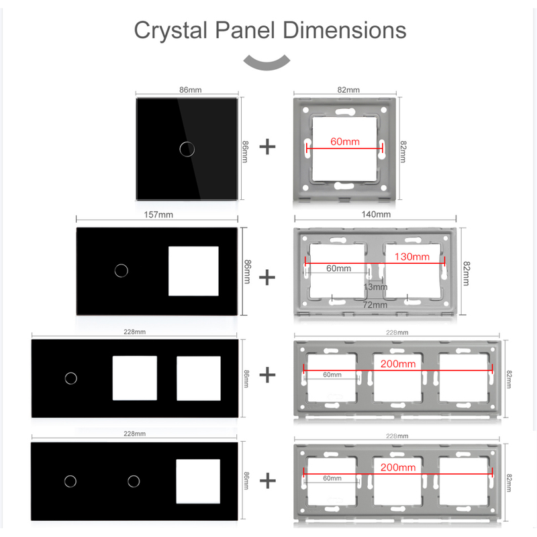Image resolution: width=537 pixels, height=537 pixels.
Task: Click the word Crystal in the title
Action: click(170, 31)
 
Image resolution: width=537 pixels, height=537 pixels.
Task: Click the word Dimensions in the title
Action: click(344, 30)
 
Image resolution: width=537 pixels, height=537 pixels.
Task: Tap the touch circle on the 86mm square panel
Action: click(187, 149)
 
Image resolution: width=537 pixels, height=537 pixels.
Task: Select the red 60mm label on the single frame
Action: click(345, 142)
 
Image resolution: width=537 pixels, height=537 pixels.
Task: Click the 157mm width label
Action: click(158, 215)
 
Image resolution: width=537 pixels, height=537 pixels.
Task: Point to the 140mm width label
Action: click(376, 214)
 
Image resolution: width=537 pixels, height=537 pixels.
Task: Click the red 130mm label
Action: click(412, 256)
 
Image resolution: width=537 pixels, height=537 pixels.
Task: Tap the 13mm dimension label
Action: click(375, 287)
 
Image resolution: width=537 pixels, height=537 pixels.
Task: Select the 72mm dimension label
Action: click(375, 305)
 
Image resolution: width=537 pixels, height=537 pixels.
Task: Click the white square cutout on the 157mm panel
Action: click(193, 271)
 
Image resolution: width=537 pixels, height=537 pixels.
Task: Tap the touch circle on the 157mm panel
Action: click(121, 271)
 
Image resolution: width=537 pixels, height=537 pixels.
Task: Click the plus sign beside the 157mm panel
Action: click(267, 277)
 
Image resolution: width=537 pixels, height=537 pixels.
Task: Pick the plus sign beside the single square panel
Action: click(267, 147)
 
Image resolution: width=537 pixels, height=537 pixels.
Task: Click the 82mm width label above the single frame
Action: click(348, 90)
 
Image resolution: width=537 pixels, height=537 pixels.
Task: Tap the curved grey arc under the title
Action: click(266, 63)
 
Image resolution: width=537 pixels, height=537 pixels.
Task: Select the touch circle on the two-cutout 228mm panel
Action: click(71, 379)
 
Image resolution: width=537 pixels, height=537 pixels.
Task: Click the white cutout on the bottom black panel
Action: click(198, 481)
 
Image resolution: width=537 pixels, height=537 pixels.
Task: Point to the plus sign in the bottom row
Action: click(268, 481)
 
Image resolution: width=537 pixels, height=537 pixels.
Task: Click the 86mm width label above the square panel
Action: click(191, 90)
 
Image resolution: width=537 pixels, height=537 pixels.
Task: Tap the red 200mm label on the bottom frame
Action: click(398, 467)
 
